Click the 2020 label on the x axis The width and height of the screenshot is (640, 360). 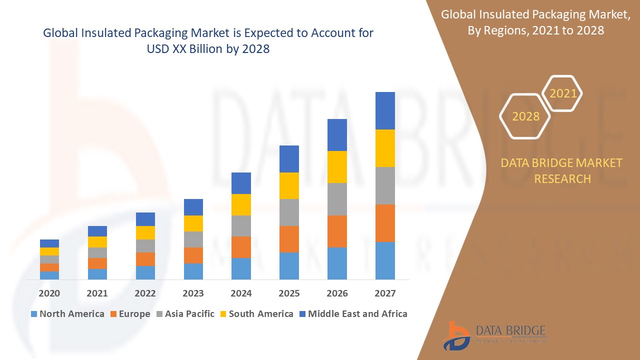click(49, 293)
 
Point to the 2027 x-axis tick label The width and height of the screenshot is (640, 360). click(385, 293)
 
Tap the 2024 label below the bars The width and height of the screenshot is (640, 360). click(241, 293)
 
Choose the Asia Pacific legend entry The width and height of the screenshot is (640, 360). click(185, 314)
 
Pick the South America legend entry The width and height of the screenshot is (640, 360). click(256, 314)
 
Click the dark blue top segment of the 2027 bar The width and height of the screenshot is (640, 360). click(385, 110)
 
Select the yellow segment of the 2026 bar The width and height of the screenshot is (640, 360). click(337, 166)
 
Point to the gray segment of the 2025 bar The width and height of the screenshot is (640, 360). click(289, 212)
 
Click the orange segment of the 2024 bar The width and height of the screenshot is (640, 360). click(241, 247)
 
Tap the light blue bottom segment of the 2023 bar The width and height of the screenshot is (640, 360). click(193, 271)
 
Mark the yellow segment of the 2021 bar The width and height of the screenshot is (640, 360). click(97, 242)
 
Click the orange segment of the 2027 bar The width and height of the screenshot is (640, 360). click(385, 223)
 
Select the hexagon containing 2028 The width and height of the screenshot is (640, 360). click(525, 116)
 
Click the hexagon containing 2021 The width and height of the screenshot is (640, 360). click(562, 93)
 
